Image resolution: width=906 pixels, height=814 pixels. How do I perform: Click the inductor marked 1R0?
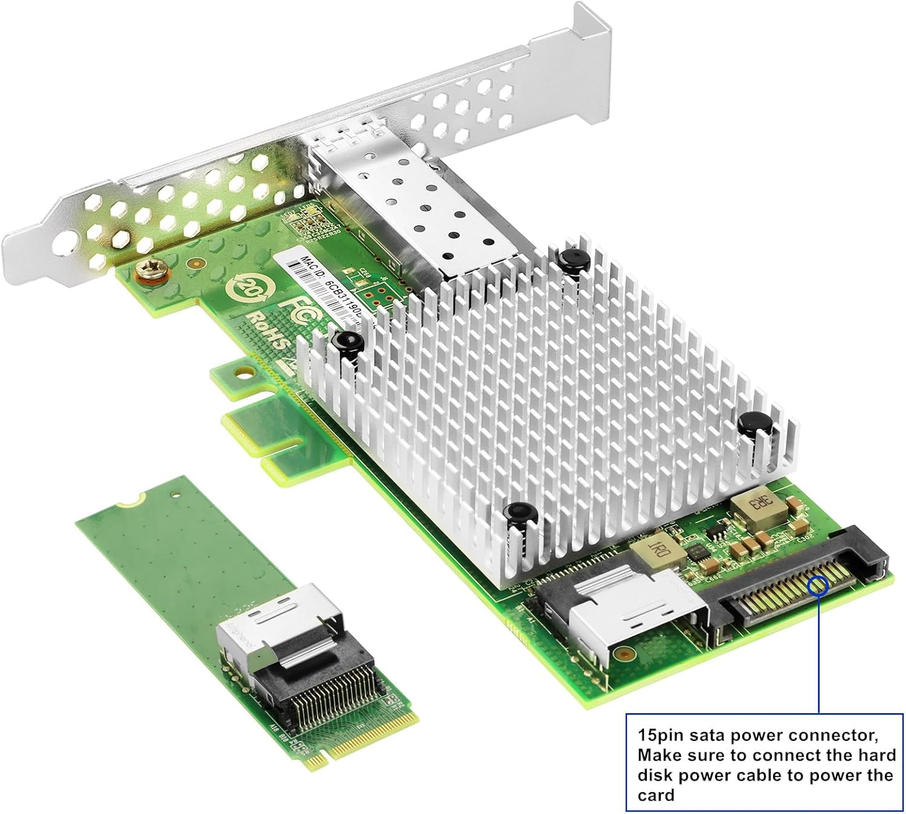pyautogui.click(x=656, y=549)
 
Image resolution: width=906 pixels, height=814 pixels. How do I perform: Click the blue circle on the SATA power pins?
pyautogui.click(x=818, y=584)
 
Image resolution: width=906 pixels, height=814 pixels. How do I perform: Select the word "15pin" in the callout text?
pyautogui.click(x=663, y=735)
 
